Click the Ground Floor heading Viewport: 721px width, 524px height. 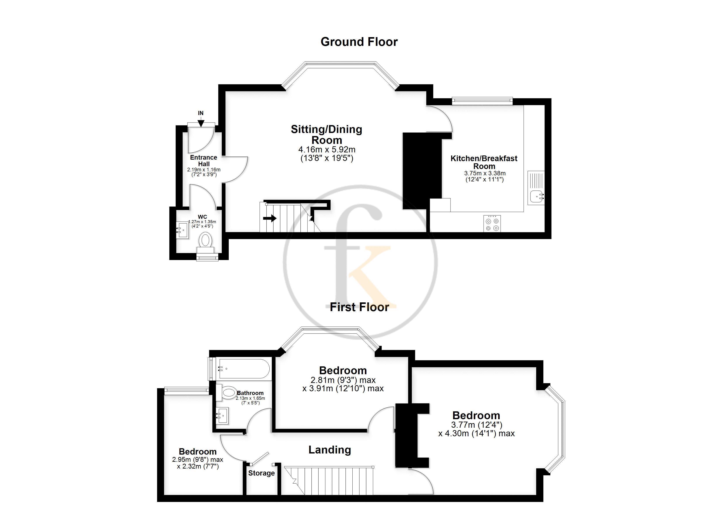359,42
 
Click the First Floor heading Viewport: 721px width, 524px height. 359,307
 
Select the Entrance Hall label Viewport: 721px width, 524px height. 203,160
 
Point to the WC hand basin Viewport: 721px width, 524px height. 183,230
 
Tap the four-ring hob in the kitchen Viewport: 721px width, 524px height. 492,223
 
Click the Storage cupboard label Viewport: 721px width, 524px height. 261,473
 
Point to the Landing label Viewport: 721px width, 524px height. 330,450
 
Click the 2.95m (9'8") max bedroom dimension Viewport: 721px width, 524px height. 198,460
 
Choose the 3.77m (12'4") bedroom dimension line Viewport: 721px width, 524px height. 477,424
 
